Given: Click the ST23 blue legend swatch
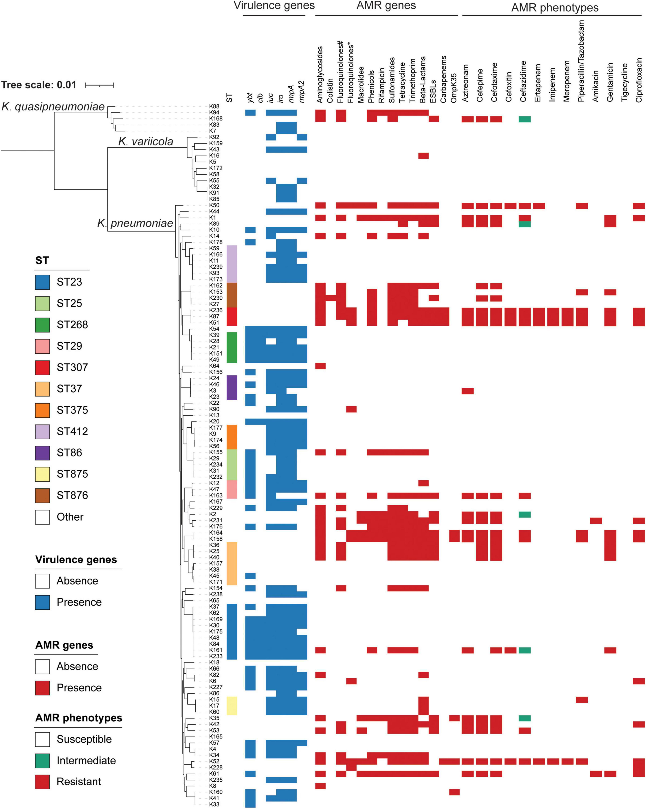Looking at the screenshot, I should pyautogui.click(x=42, y=282).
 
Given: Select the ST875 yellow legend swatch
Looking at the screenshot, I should pyautogui.click(x=42, y=474).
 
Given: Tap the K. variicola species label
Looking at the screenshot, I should pyautogui.click(x=146, y=141).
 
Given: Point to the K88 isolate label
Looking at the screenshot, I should pyautogui.click(x=214, y=107).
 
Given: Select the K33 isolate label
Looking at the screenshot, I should pyautogui.click(x=214, y=804).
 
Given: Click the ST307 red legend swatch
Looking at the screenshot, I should pyautogui.click(x=42, y=367).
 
